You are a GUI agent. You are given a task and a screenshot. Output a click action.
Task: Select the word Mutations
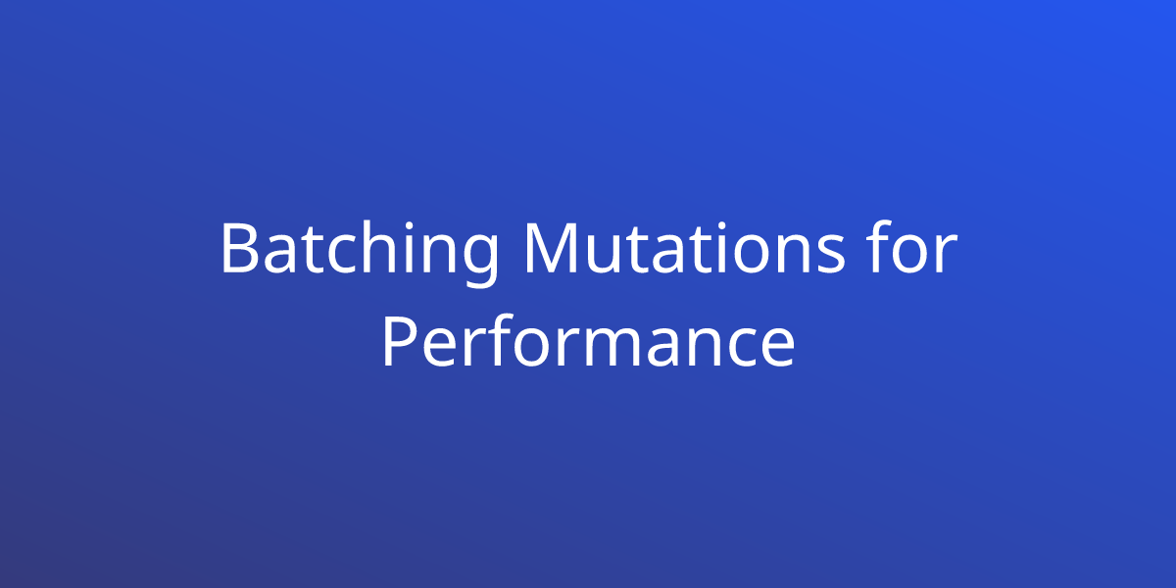(685, 247)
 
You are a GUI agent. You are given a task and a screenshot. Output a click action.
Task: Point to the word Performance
(588, 341)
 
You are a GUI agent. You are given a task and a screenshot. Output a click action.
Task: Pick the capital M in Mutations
(555, 249)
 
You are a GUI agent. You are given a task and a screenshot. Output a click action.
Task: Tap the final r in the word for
(947, 255)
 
